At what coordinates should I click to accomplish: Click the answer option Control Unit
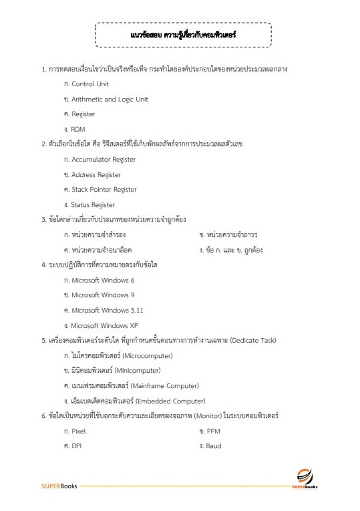[x=89, y=84]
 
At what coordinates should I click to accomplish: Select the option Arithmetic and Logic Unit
[x=110, y=100]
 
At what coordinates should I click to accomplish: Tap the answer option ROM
[x=77, y=129]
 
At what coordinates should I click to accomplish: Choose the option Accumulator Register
[x=103, y=160]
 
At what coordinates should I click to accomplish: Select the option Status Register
[x=93, y=205]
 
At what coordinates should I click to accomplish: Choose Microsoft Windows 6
[x=102, y=281]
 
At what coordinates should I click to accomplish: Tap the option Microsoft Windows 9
[x=102, y=295]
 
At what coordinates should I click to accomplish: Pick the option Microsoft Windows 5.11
[x=107, y=311]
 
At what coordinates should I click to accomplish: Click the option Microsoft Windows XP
[x=104, y=325]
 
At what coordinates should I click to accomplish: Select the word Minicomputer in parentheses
[x=138, y=371]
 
